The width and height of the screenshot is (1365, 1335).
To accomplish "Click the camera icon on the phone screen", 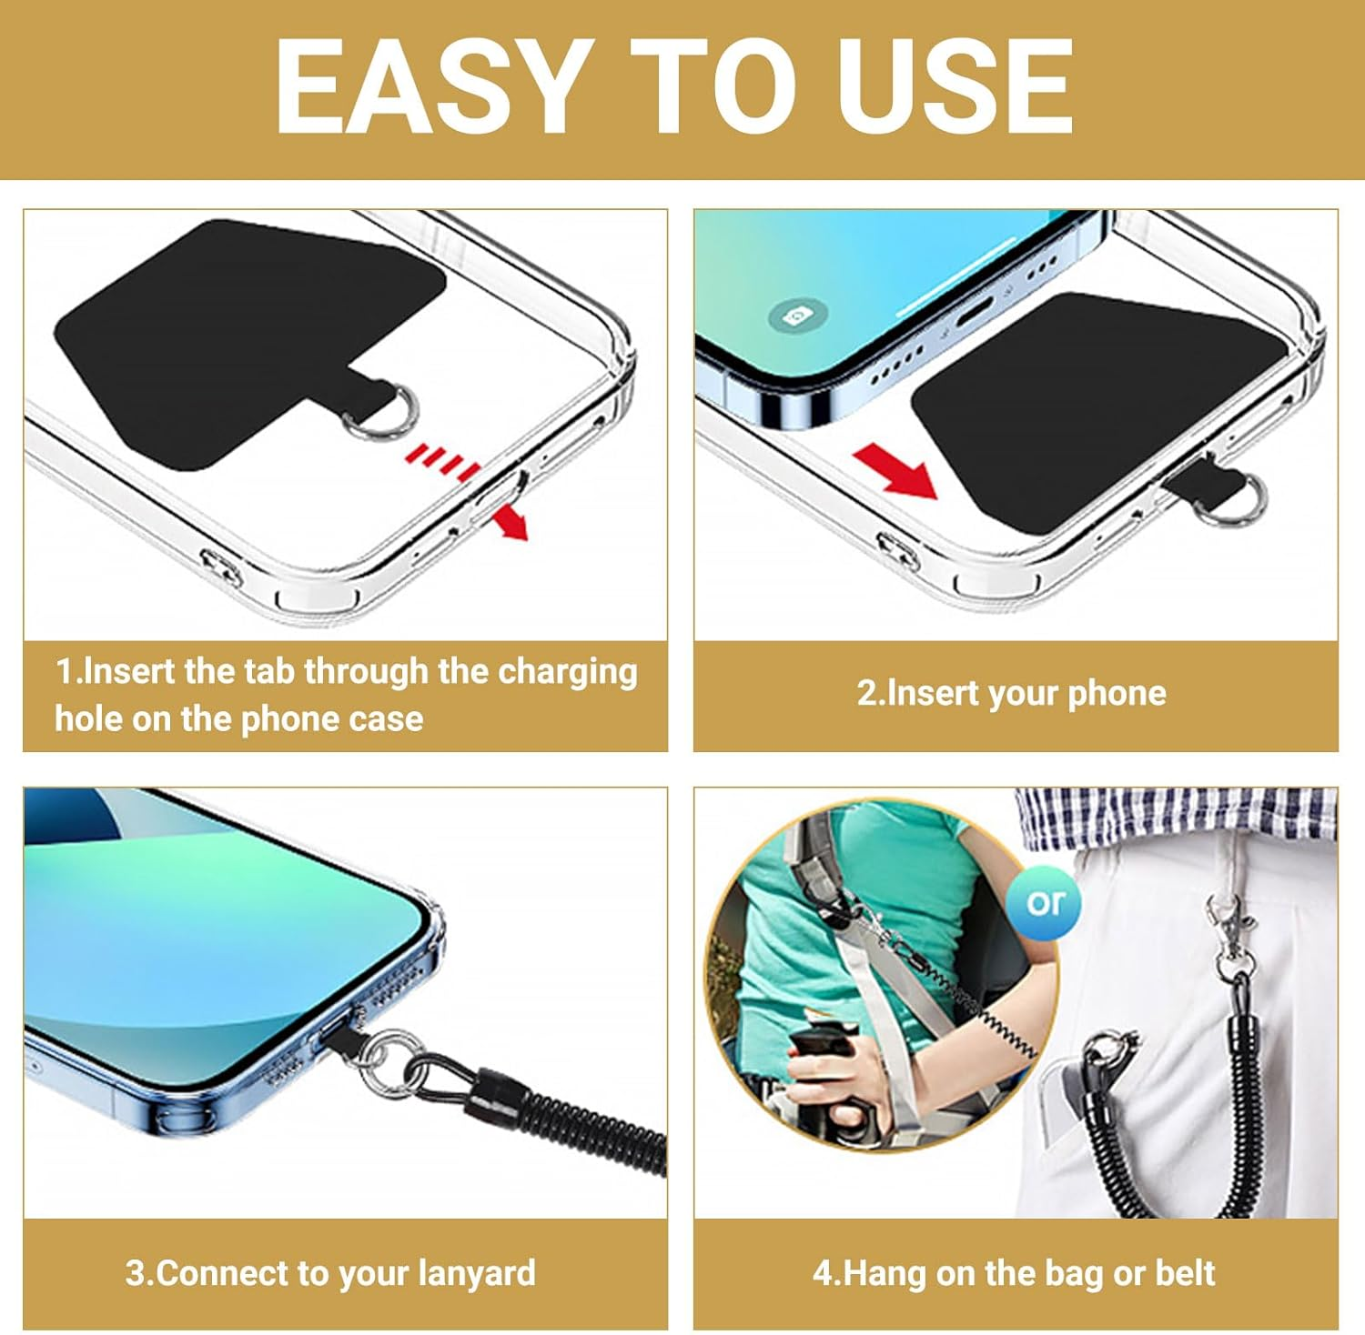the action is pyautogui.click(x=798, y=316).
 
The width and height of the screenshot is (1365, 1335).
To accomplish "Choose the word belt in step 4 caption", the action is pyautogui.click(x=1185, y=1272).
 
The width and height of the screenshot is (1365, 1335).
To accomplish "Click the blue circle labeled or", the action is pyautogui.click(x=1045, y=902).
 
